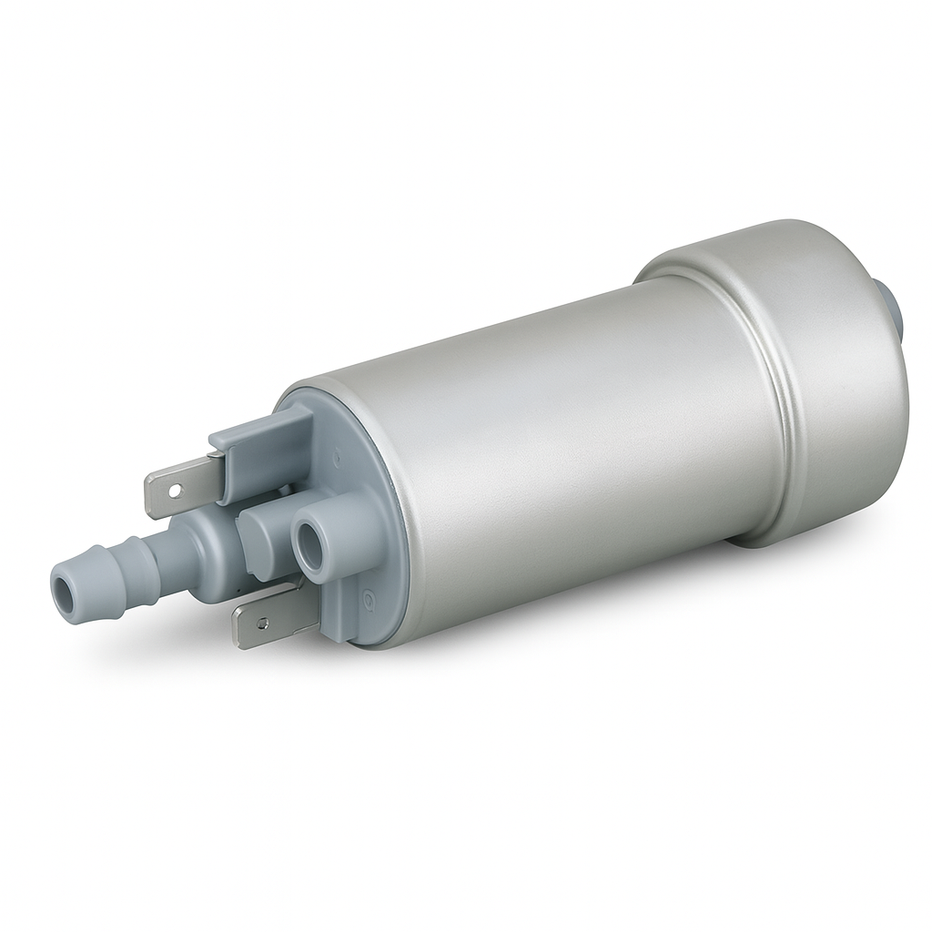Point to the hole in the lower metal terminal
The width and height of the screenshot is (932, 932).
click(262, 624)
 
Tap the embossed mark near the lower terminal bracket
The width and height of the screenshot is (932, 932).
click(369, 602)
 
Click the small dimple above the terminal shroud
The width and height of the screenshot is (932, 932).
click(338, 450)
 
